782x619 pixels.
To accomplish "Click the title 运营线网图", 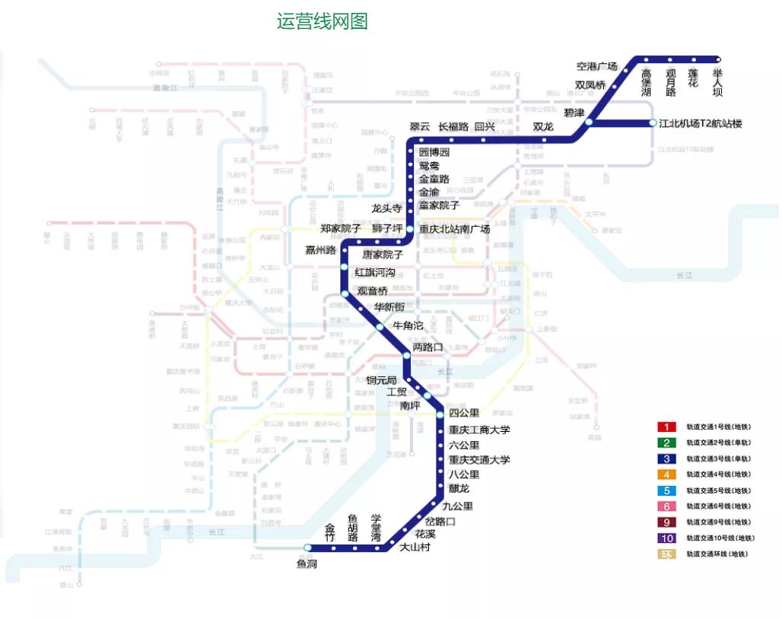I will click(323, 21).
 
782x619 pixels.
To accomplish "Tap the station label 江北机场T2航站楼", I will click(700, 123).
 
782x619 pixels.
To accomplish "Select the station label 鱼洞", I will click(307, 563).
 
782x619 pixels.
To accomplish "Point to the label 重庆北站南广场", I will click(454, 229).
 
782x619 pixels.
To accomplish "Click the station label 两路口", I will click(428, 347).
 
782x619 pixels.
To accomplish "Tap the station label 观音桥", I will click(373, 290).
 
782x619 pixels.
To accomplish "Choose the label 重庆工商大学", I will click(479, 430).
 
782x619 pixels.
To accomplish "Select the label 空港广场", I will click(596, 67).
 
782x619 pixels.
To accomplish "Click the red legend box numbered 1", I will click(666, 427).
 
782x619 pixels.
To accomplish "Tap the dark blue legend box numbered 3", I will click(666, 459).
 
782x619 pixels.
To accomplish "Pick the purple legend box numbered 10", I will click(666, 538).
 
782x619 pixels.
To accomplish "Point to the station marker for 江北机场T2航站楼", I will click(653, 123).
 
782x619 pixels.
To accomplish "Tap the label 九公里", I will click(457, 506).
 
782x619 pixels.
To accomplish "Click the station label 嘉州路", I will click(320, 250).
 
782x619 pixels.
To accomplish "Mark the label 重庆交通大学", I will click(479, 460).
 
